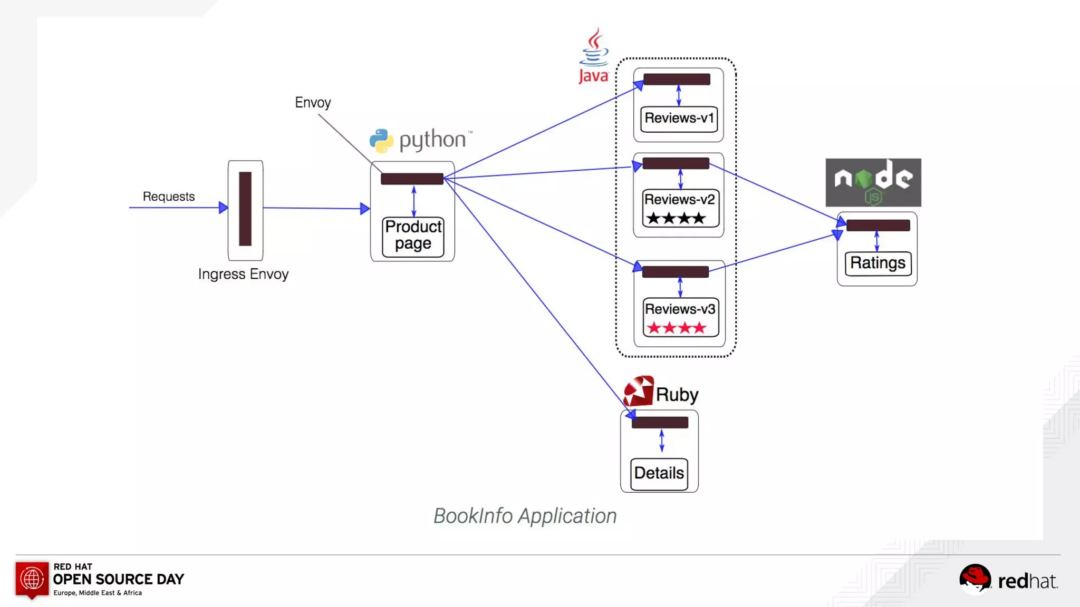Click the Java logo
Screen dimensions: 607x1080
click(x=594, y=56)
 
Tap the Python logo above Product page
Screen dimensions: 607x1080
click(x=381, y=140)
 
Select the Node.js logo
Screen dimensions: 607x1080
click(x=873, y=182)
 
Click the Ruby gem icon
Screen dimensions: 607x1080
click(x=639, y=391)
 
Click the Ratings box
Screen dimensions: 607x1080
click(x=877, y=263)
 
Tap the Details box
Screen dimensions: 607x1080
click(x=659, y=473)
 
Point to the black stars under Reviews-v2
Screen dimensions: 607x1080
click(x=676, y=218)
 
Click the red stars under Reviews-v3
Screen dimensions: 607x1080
click(x=677, y=328)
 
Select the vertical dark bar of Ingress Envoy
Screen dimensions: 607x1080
click(x=245, y=209)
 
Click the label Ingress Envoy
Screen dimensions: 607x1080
click(x=243, y=274)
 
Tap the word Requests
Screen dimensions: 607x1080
click(x=169, y=197)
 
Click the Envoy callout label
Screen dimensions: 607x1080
click(x=313, y=102)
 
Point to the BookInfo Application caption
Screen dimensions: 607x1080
click(x=525, y=516)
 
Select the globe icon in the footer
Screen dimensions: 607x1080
click(x=32, y=579)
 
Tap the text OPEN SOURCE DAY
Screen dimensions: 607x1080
click(x=119, y=580)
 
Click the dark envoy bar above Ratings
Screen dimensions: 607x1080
click(x=878, y=226)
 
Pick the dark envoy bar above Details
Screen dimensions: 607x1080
click(x=660, y=423)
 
